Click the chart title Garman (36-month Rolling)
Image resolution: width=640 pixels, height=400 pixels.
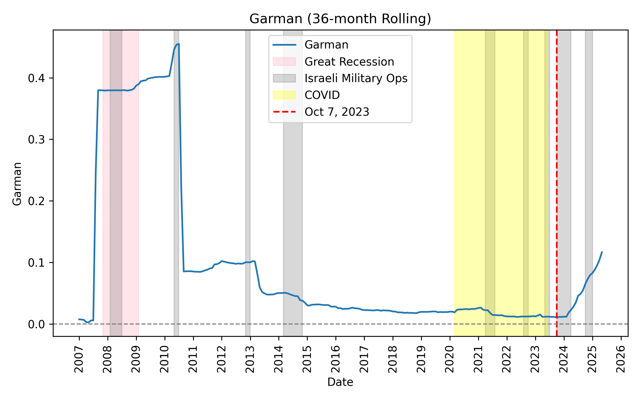coord(340,19)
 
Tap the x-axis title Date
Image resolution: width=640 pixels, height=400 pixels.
coord(340,382)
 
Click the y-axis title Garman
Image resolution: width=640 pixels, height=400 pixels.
coord(17,184)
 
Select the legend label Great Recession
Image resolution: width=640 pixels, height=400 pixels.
coord(349,62)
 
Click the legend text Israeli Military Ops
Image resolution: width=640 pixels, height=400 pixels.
coord(356,78)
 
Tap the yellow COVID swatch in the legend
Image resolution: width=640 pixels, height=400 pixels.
coord(284,95)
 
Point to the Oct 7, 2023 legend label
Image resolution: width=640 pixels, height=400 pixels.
coord(337,112)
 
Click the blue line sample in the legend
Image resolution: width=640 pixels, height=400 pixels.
coord(284,45)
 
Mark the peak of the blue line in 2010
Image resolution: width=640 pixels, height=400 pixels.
coord(178,44)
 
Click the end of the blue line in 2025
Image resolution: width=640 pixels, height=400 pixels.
coord(602,252)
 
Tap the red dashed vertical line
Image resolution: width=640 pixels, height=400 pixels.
coord(557,187)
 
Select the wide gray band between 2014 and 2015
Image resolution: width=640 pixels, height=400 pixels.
coord(293,187)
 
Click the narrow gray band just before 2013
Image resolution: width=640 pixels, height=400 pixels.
coord(248,187)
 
